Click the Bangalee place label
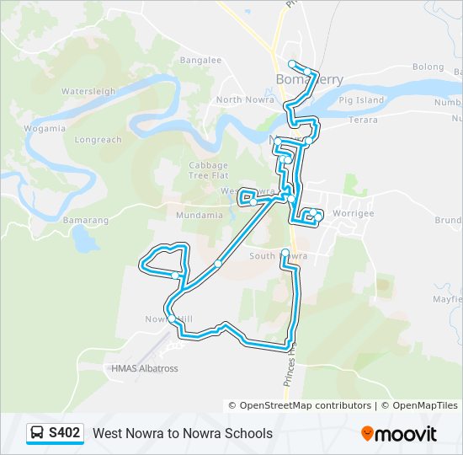click(x=200, y=61)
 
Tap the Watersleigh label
click(x=88, y=91)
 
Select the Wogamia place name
click(x=45, y=128)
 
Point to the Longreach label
click(x=98, y=140)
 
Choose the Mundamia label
click(x=199, y=215)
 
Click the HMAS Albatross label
click(x=145, y=368)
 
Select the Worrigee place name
click(x=353, y=213)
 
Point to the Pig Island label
click(x=361, y=100)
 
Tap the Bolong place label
click(x=428, y=67)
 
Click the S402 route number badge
click(x=65, y=433)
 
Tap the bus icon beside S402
click(x=38, y=433)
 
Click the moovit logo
click(x=399, y=434)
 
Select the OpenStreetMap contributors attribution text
click(x=306, y=405)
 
